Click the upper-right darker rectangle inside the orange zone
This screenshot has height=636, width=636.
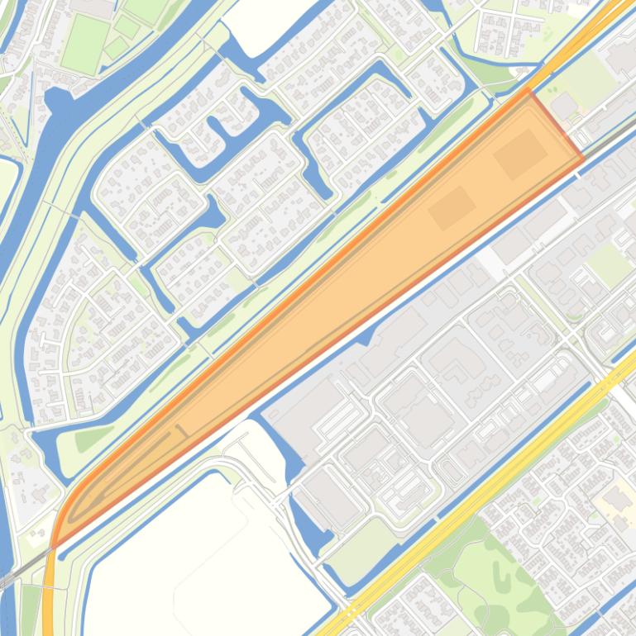click(x=520, y=154)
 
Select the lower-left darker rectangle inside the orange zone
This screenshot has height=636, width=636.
click(x=452, y=206)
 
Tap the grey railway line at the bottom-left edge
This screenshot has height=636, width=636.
click(x=17, y=571)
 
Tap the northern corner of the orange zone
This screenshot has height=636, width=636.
click(x=529, y=90)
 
